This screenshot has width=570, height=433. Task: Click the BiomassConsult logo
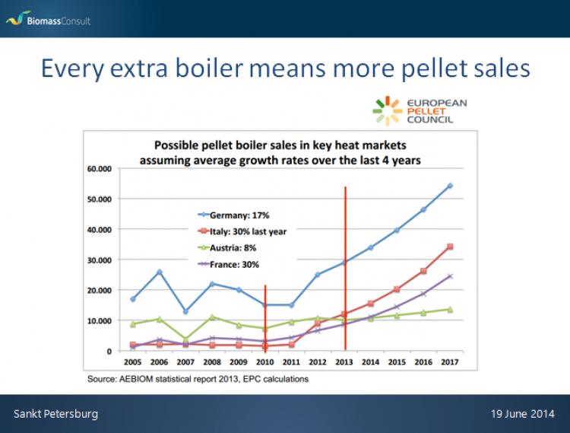[x=48, y=19]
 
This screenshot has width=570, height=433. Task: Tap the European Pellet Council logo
[x=420, y=111]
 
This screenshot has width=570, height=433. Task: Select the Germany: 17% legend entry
[x=234, y=215]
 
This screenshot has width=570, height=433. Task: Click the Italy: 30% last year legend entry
[x=242, y=231]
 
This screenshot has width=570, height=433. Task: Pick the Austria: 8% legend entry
[x=227, y=248]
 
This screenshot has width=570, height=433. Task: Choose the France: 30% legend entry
[x=229, y=265]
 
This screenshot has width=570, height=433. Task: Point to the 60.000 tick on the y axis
[x=100, y=169]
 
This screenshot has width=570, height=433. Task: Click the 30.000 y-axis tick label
[x=100, y=260]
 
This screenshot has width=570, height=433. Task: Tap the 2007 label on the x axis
[x=185, y=362]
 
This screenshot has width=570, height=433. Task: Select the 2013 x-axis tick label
[x=344, y=362]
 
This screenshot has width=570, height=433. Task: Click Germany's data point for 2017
[x=450, y=186]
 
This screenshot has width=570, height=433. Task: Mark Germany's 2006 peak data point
[x=160, y=272]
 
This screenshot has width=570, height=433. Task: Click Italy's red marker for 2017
[x=450, y=247]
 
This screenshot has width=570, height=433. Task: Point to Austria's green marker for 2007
[x=185, y=340]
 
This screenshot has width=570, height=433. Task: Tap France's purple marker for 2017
[x=450, y=276]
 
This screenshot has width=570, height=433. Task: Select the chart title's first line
[x=280, y=145]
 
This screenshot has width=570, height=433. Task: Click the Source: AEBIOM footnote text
[x=198, y=379]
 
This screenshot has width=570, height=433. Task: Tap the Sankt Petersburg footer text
[x=56, y=414]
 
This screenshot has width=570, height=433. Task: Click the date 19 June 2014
[x=522, y=414]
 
